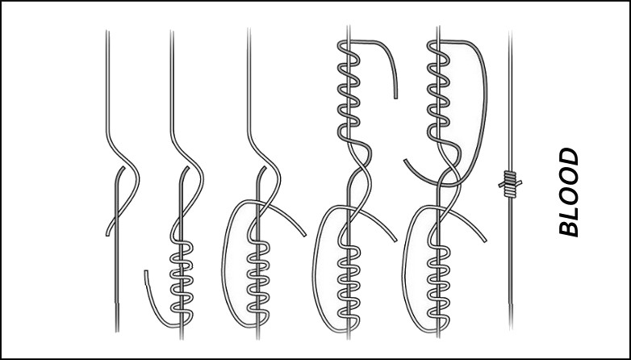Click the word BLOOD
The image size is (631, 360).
pyautogui.click(x=569, y=191)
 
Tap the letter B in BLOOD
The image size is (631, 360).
pyautogui.click(x=569, y=228)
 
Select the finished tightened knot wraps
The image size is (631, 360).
pyautogui.click(x=510, y=184)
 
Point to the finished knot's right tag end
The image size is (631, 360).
pyautogui.click(x=520, y=182)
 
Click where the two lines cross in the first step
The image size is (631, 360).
pyautogui.click(x=117, y=216)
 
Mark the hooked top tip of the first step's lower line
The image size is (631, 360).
pyautogui.click(x=123, y=168)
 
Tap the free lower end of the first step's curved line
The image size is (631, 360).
pyautogui.click(x=107, y=234)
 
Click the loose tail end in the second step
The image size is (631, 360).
pyautogui.click(x=146, y=272)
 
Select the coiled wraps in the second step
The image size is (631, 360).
pyautogui.click(x=182, y=282)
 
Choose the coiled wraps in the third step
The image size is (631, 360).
pyautogui.click(x=258, y=282)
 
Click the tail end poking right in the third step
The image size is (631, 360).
pyautogui.click(x=304, y=235)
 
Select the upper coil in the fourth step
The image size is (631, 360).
pyautogui.click(x=349, y=92)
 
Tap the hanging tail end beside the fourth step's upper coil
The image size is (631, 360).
pyautogui.click(x=395, y=97)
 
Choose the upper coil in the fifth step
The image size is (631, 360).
pyautogui.click(x=439, y=92)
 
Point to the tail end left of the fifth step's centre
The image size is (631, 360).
pyautogui.click(x=406, y=161)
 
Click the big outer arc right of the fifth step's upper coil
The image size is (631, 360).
pyautogui.click(x=485, y=101)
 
